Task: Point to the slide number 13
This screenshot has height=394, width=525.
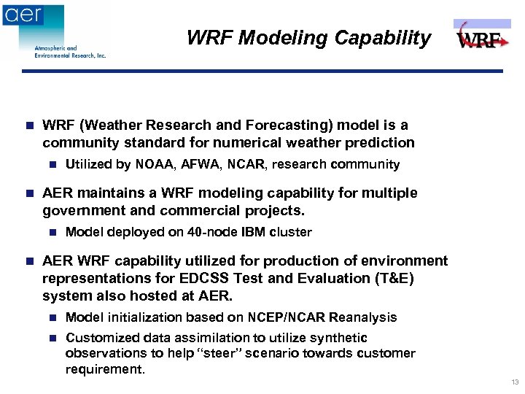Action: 515,382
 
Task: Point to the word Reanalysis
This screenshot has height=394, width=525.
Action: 362,317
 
